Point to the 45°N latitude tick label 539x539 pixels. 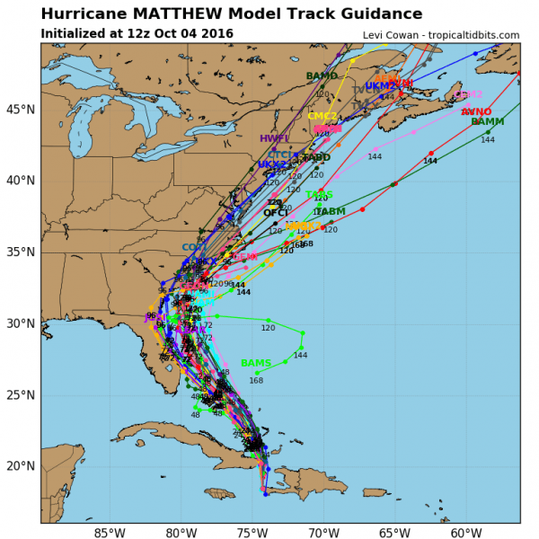pos(20,109)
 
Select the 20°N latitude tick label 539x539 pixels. pos(20,466)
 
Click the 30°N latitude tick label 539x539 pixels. pos(20,323)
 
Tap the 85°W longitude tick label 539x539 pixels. pos(110,533)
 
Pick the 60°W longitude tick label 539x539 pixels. pos(465,533)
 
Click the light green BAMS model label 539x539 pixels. pos(256,363)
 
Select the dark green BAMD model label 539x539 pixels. pos(322,76)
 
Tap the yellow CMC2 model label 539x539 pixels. pos(322,116)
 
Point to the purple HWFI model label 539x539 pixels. pos(274,138)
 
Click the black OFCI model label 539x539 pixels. pos(276,213)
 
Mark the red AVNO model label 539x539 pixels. pos(476,111)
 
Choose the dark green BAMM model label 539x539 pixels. pos(487,122)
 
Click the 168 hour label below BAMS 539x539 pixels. pos(257,380)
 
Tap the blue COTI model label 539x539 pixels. pos(193,247)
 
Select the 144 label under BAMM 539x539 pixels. pos(488,140)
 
